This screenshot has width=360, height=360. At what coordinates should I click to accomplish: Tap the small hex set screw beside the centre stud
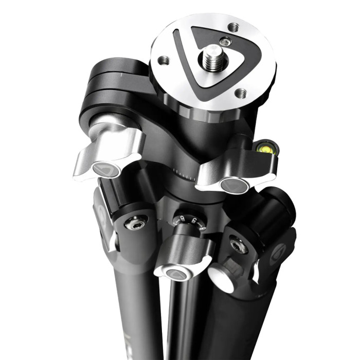pos(224,42)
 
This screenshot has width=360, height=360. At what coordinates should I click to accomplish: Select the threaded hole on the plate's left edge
pos(163,60)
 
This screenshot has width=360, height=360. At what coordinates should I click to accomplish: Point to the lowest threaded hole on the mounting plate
pos(240,93)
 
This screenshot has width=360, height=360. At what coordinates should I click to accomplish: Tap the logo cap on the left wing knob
pos(105,169)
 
